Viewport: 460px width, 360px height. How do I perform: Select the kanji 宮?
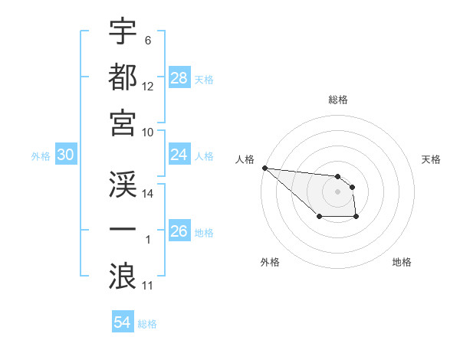pyautogui.click(x=123, y=122)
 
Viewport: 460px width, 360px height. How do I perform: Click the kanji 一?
pyautogui.click(x=123, y=230)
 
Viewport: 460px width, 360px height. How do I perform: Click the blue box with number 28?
pyautogui.click(x=179, y=78)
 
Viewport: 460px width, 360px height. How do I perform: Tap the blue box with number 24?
pyautogui.click(x=179, y=155)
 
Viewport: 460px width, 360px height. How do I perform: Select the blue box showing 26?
pyautogui.click(x=179, y=231)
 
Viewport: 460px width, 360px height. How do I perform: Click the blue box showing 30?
pyautogui.click(x=66, y=155)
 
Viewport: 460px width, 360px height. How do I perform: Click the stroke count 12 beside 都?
pyautogui.click(x=148, y=87)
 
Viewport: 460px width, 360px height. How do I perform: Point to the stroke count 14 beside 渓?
pyautogui.click(x=148, y=194)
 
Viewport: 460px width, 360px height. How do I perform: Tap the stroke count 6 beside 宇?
pyautogui.click(x=147, y=40)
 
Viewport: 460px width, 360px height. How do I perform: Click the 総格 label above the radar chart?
pyautogui.click(x=338, y=100)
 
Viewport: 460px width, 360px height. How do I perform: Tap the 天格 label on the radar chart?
pyautogui.click(x=431, y=159)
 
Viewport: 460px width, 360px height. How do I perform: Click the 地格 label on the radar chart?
pyautogui.click(x=402, y=262)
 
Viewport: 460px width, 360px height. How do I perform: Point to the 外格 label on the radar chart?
pyautogui.click(x=270, y=262)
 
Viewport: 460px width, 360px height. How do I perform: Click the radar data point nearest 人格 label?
pyautogui.click(x=264, y=168)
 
